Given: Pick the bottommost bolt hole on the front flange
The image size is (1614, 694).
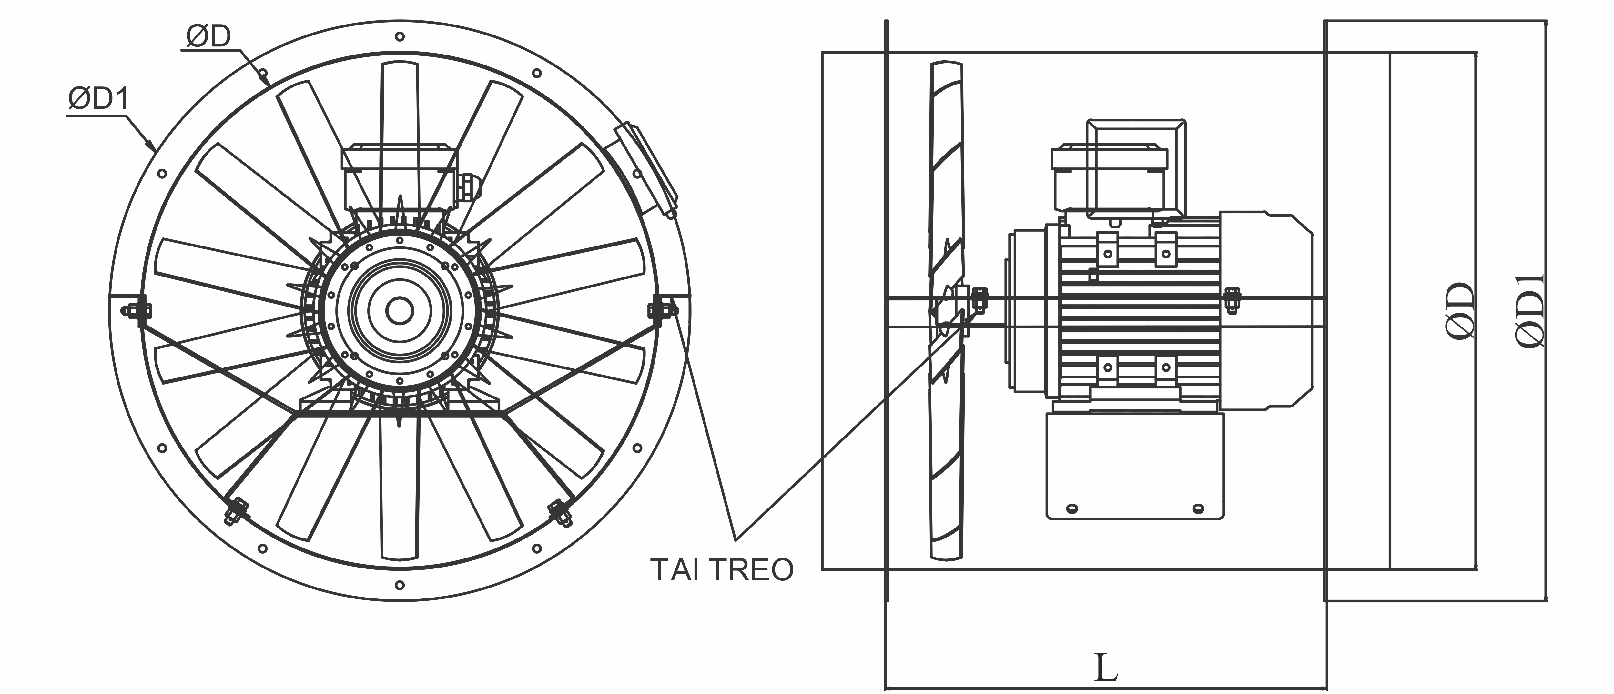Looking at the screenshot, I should click(x=400, y=586).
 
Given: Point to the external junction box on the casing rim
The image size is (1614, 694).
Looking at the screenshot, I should click(x=645, y=169).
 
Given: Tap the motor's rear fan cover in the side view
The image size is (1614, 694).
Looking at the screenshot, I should click(x=1266, y=311).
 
